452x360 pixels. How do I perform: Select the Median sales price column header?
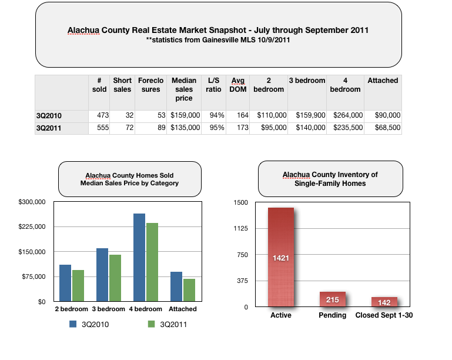click(x=184, y=89)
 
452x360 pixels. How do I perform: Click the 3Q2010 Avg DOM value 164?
click(x=239, y=115)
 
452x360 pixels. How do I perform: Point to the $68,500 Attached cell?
click(x=383, y=128)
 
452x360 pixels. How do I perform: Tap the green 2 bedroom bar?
click(x=78, y=286)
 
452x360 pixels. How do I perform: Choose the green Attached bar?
click(x=189, y=290)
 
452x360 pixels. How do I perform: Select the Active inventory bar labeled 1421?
click(x=280, y=257)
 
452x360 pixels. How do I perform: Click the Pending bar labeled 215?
click(x=333, y=299)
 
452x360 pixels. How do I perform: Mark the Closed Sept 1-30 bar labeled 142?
click(x=384, y=302)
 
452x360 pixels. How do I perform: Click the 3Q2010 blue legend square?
click(x=73, y=324)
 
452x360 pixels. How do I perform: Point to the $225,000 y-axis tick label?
click(x=32, y=227)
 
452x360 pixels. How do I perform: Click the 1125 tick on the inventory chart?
click(x=240, y=229)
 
